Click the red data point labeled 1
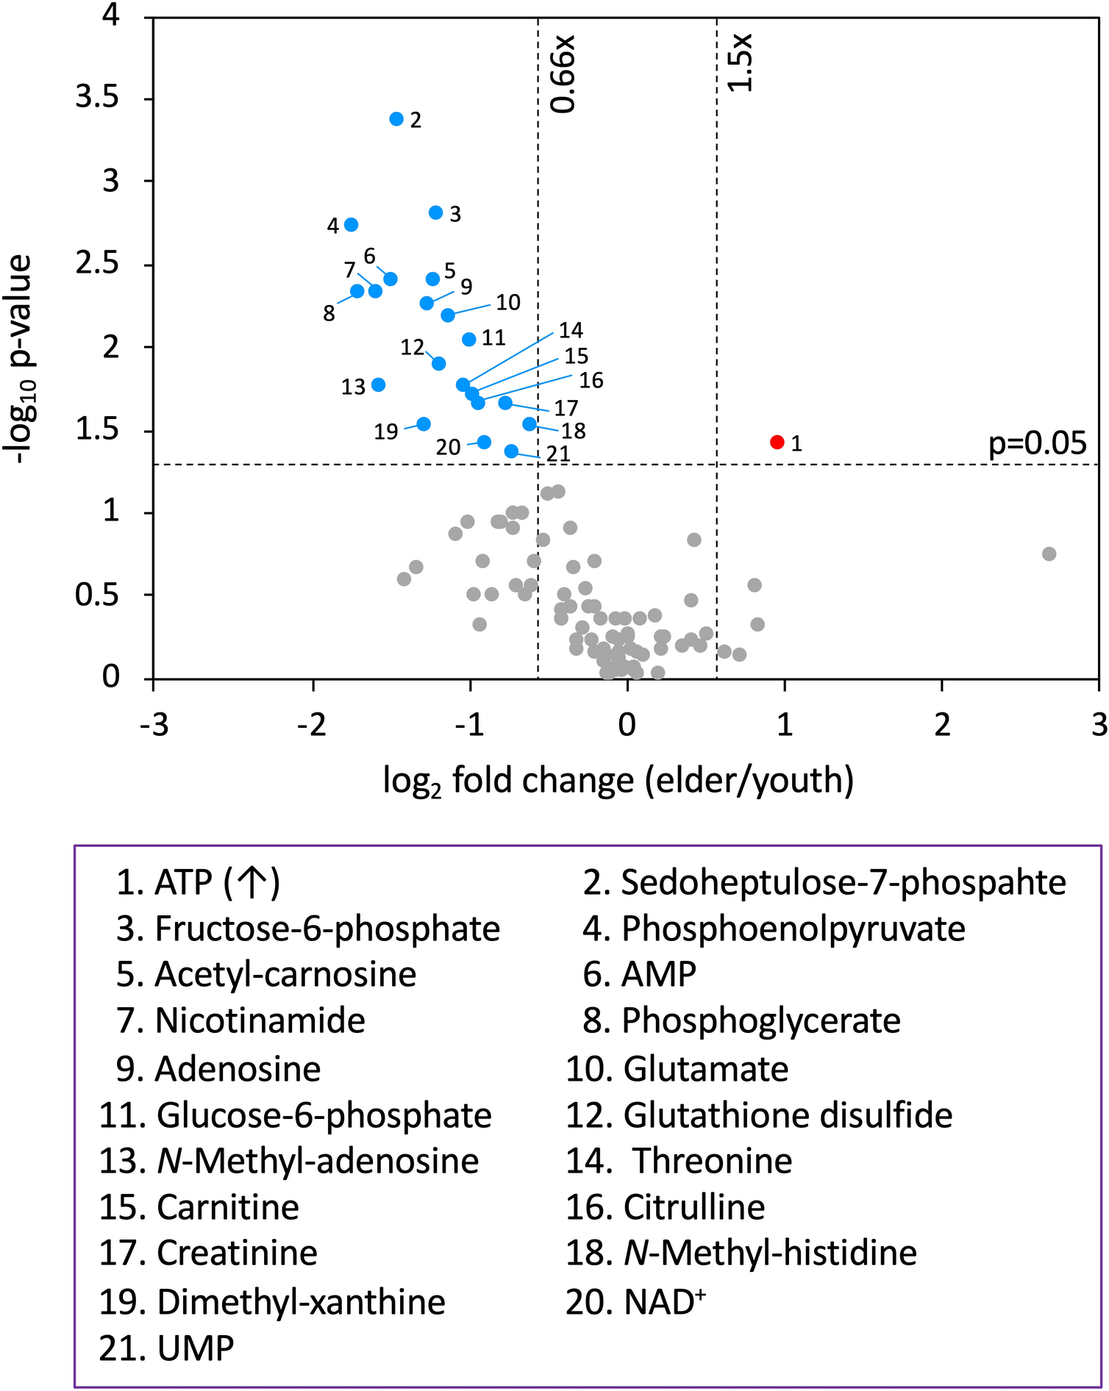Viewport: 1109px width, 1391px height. [777, 442]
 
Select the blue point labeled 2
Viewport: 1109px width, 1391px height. [396, 118]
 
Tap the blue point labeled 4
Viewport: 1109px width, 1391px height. [351, 224]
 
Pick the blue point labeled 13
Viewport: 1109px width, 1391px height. [378, 385]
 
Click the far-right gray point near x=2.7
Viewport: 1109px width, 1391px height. [1049, 554]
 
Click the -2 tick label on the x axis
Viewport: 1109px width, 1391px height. [312, 726]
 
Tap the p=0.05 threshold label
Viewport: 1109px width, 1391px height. [1036, 443]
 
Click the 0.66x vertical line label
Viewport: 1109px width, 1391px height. [563, 74]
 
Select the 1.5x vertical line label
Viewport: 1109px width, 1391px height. [740, 62]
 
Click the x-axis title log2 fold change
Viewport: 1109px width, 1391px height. [618, 781]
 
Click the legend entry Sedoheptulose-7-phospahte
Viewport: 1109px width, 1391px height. [824, 882]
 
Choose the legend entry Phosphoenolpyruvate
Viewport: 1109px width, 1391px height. [774, 929]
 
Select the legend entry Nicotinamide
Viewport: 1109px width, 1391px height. [240, 1020]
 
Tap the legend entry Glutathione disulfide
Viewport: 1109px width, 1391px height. [759, 1115]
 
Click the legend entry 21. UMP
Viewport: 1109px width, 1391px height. [167, 1348]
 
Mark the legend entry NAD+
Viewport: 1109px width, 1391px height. [636, 1301]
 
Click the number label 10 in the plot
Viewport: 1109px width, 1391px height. [507, 302]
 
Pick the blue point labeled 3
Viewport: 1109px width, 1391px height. [435, 212]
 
